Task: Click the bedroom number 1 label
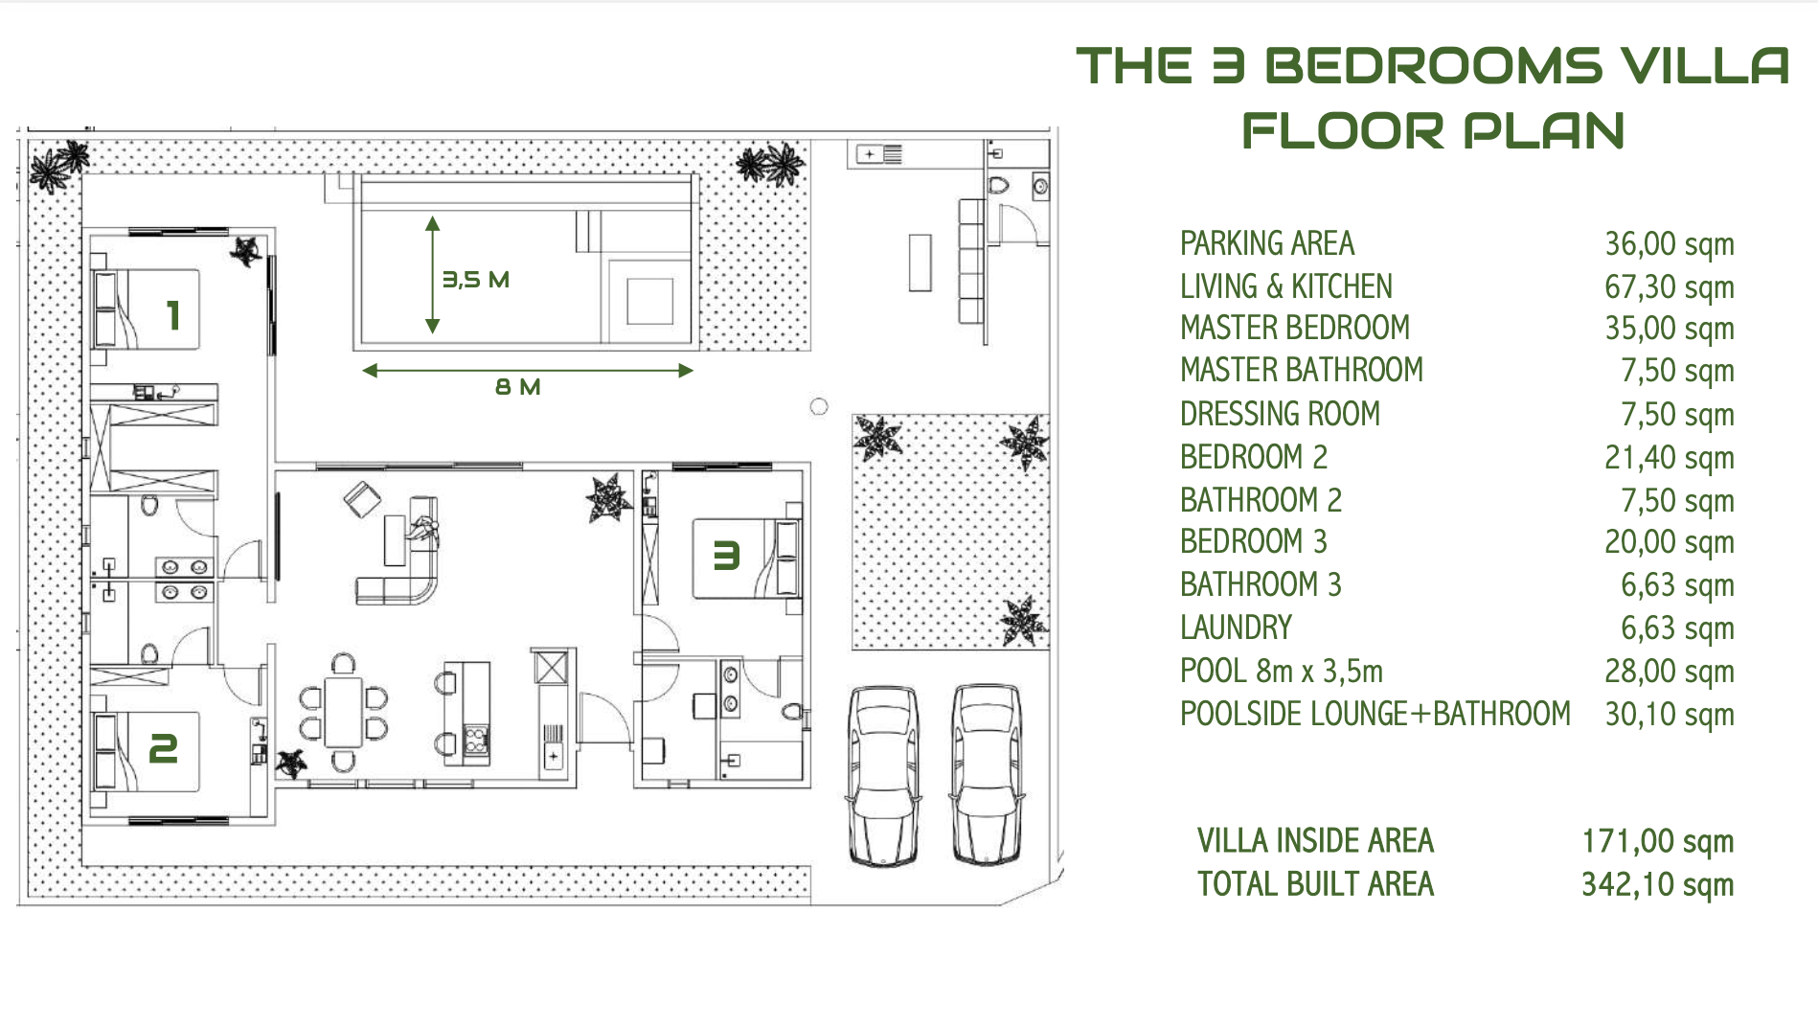172,314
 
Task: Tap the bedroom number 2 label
163,748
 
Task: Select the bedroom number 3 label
726,556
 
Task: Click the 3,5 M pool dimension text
475,280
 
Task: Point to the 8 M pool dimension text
517,387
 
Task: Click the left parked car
883,776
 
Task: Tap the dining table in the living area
343,712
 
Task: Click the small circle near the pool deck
818,406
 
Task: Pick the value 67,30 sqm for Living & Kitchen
1669,286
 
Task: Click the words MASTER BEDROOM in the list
1294,328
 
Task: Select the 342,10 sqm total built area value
1657,884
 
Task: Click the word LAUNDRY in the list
1236,628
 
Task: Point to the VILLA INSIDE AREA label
1314,841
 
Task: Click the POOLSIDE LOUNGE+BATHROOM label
1375,714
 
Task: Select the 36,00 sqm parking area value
1669,243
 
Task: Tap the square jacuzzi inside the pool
649,301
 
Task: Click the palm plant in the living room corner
607,498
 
